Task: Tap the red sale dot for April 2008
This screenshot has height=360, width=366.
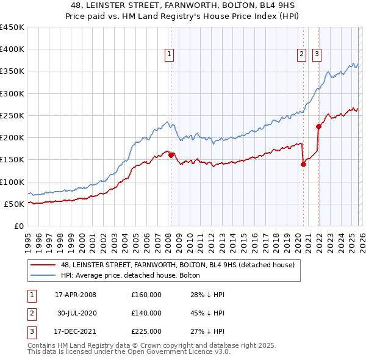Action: pos(171,155)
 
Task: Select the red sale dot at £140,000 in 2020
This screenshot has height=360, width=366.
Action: pos(303,164)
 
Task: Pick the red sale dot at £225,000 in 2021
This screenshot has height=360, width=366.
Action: pos(318,127)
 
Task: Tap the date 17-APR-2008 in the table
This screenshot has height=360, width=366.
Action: pos(76,295)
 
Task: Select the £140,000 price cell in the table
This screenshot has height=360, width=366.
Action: pos(146,313)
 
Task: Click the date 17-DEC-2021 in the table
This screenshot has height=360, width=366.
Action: pos(76,331)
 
